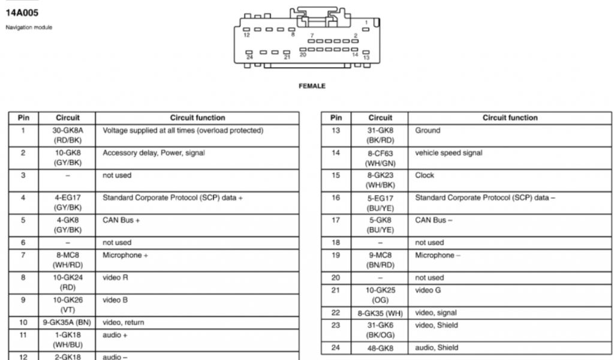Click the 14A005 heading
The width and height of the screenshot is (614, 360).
[x=22, y=13]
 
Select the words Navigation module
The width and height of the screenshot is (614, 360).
[x=29, y=28]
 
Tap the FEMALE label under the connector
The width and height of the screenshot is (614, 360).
[x=312, y=86]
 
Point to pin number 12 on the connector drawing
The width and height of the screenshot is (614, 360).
[x=246, y=35]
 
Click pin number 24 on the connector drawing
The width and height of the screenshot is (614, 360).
[x=249, y=57]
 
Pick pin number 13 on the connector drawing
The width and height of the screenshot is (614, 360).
[x=366, y=58]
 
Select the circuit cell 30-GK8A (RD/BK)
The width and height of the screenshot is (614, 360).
[x=68, y=135]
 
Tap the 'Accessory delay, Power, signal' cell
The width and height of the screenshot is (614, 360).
[x=153, y=153]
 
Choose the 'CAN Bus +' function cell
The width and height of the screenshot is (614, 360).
[x=121, y=220]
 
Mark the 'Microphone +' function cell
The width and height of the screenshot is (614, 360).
[x=125, y=255]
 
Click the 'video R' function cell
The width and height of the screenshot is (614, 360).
[x=115, y=278]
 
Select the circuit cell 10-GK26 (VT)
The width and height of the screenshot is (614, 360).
[x=68, y=305]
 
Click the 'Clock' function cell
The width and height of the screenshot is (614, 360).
[x=425, y=175]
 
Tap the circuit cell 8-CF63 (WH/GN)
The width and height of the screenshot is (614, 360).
[x=380, y=158]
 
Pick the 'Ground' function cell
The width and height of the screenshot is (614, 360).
[x=428, y=130]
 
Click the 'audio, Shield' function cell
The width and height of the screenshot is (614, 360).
[x=437, y=347]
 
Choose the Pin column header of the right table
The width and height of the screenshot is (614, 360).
[x=336, y=118]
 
